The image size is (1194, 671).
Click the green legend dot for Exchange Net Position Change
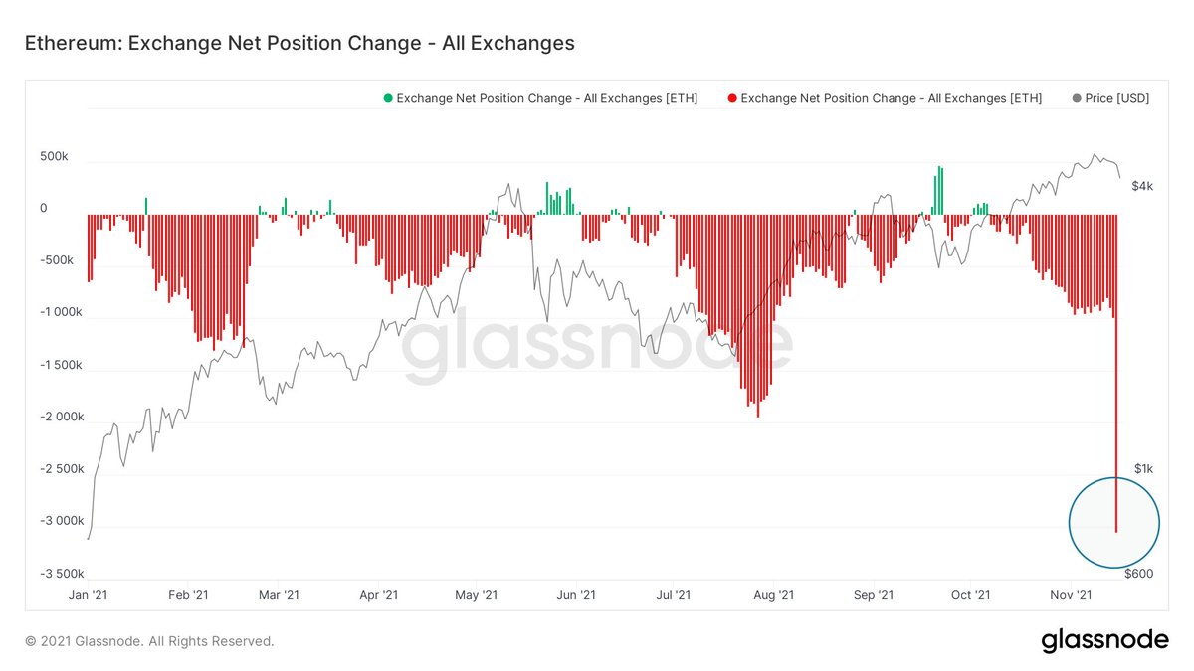[x=388, y=98]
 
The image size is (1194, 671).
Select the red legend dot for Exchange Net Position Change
[x=732, y=98]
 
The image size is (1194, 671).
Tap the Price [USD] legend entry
[x=1110, y=98]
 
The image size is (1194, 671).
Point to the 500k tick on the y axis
[x=54, y=157]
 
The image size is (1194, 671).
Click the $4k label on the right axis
[x=1142, y=186]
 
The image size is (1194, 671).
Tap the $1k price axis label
[x=1142, y=468]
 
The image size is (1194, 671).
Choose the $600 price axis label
[x=1140, y=573]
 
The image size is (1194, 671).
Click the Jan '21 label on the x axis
[x=88, y=595]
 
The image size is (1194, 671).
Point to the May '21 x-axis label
[x=476, y=595]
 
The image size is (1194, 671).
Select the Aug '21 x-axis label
[x=773, y=595]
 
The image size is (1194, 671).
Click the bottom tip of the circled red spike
[x=1116, y=531]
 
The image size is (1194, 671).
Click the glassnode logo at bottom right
[x=1104, y=641]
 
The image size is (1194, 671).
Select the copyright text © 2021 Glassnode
[x=149, y=642]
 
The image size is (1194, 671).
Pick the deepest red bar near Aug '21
[x=758, y=415]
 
